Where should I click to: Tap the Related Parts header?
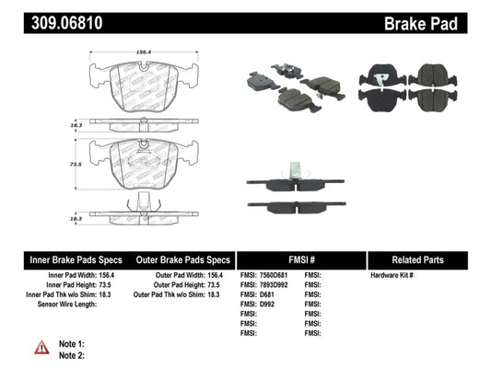click(427, 260)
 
